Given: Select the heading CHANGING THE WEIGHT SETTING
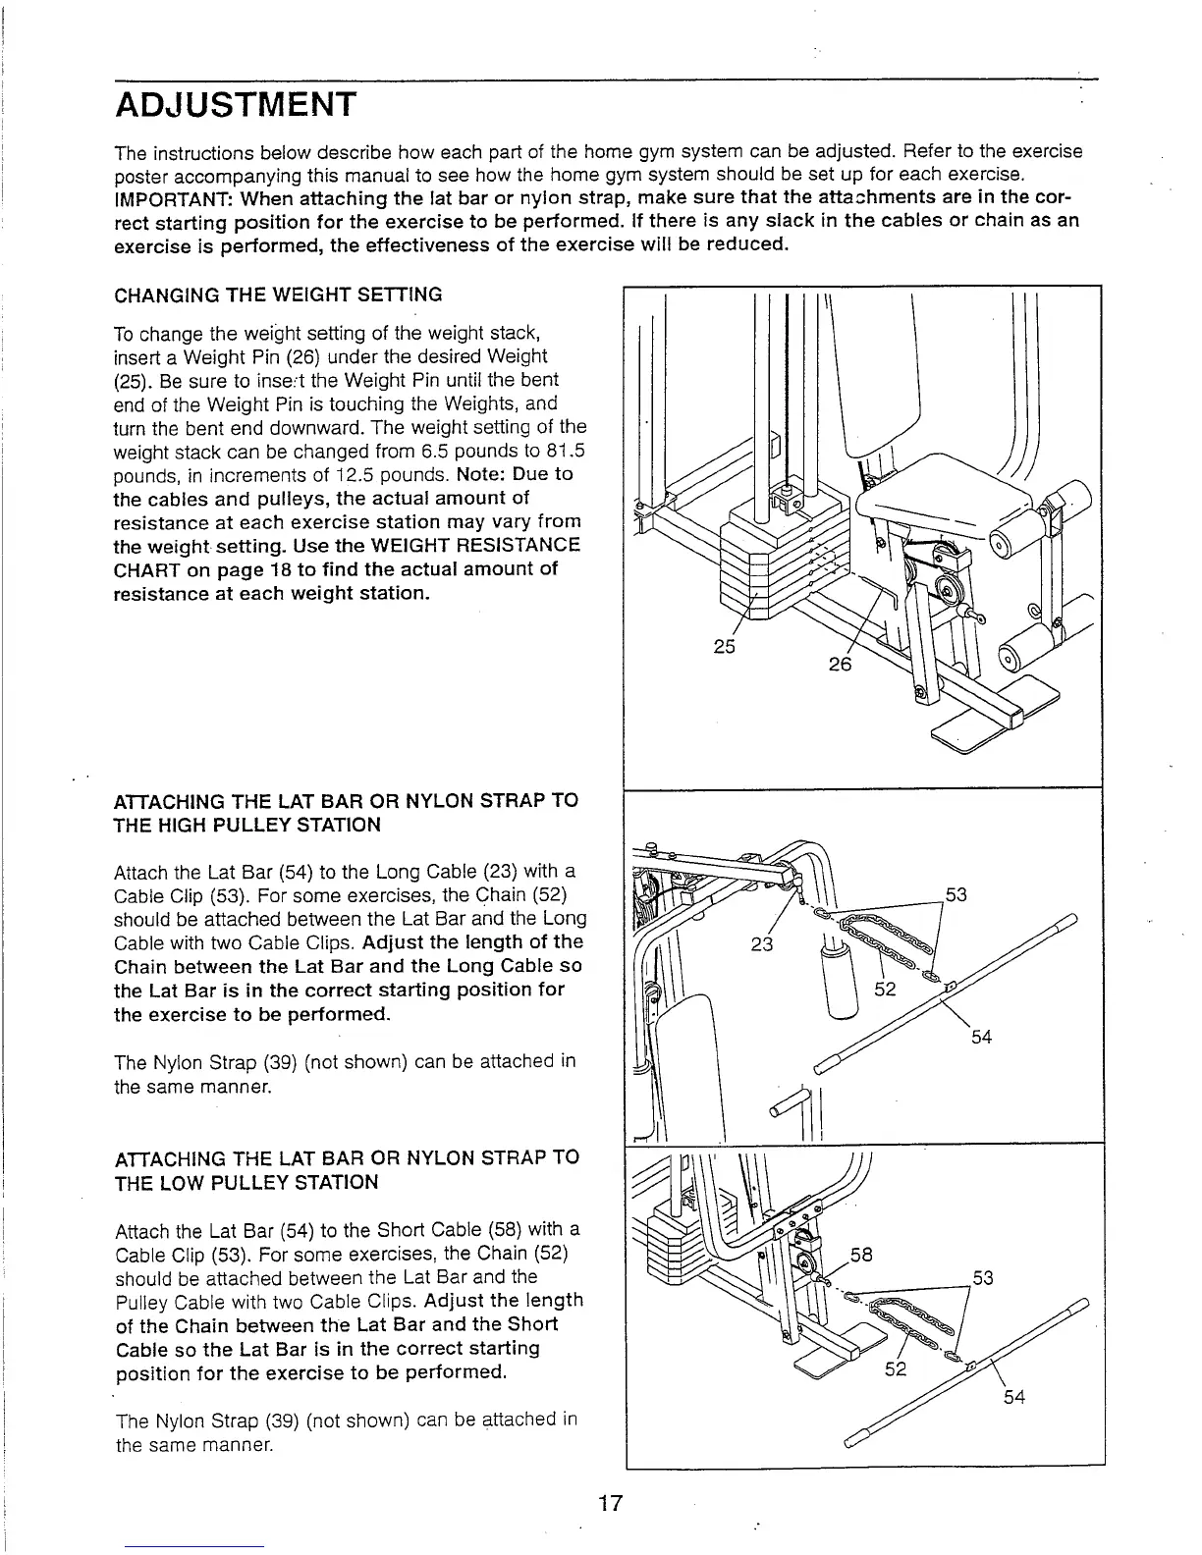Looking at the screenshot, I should pos(279,295).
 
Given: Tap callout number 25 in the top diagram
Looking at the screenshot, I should pos(724,647).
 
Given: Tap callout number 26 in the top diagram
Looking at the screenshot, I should pos(840,664).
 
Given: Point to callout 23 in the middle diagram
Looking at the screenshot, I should pos(762,944).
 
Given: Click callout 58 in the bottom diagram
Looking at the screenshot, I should pos(861,1255).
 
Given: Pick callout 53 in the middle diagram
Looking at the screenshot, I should pos(956,893).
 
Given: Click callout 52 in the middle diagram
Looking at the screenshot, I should pos(885,990).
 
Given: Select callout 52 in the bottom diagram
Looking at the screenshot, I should pos(895,1368).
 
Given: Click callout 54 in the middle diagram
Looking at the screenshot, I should pos(981,1037).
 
